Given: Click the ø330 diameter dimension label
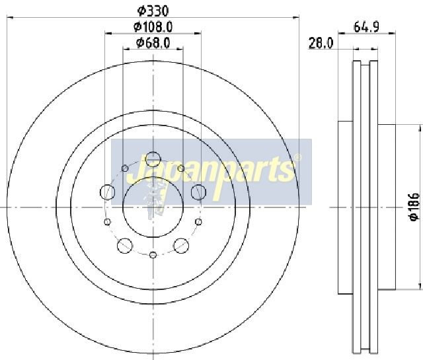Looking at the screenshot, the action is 153,11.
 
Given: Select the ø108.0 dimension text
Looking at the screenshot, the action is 153,26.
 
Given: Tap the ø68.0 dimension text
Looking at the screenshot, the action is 153,43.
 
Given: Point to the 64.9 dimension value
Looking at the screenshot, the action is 367,26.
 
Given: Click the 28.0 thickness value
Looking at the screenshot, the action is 321,43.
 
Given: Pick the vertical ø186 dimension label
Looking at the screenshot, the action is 414,207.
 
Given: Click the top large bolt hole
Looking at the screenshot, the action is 153,159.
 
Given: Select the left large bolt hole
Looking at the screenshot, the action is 108,192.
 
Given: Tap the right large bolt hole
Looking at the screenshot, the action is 198,192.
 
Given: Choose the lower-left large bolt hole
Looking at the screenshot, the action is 125,245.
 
